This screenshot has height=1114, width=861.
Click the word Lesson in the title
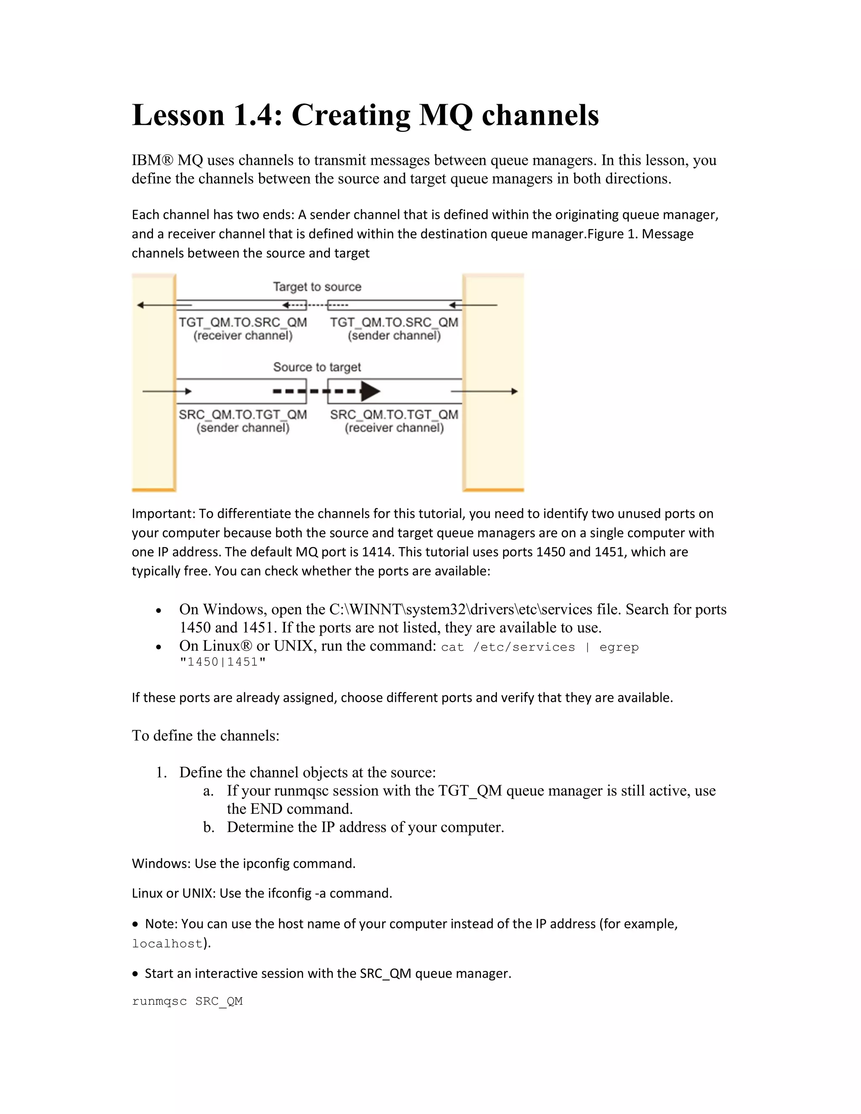pyautogui.click(x=178, y=115)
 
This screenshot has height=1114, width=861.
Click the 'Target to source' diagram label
pyautogui.click(x=317, y=287)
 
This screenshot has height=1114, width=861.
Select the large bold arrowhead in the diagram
pyautogui.click(x=370, y=391)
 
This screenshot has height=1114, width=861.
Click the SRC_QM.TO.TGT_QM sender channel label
pyautogui.click(x=243, y=421)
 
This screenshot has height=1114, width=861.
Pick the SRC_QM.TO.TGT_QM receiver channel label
pyautogui.click(x=394, y=421)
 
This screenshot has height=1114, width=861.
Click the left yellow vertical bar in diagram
pyautogui.click(x=153, y=383)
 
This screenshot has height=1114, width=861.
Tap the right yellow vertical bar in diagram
pyautogui.click(x=493, y=383)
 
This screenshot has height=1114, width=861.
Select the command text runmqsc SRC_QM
pyautogui.click(x=187, y=1001)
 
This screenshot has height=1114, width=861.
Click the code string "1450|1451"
pyautogui.click(x=222, y=662)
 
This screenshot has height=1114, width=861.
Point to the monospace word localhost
pyautogui.click(x=167, y=944)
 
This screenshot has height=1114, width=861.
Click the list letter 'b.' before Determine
pyautogui.click(x=208, y=827)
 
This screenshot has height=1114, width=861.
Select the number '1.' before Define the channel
pyautogui.click(x=161, y=772)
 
